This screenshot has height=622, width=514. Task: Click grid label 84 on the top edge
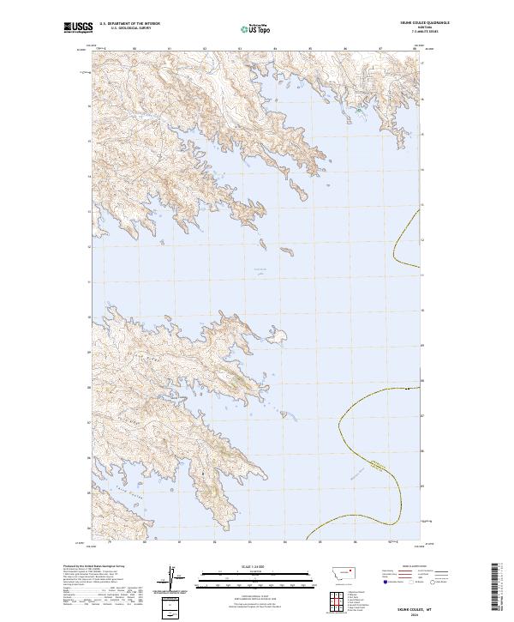click(x=274, y=50)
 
